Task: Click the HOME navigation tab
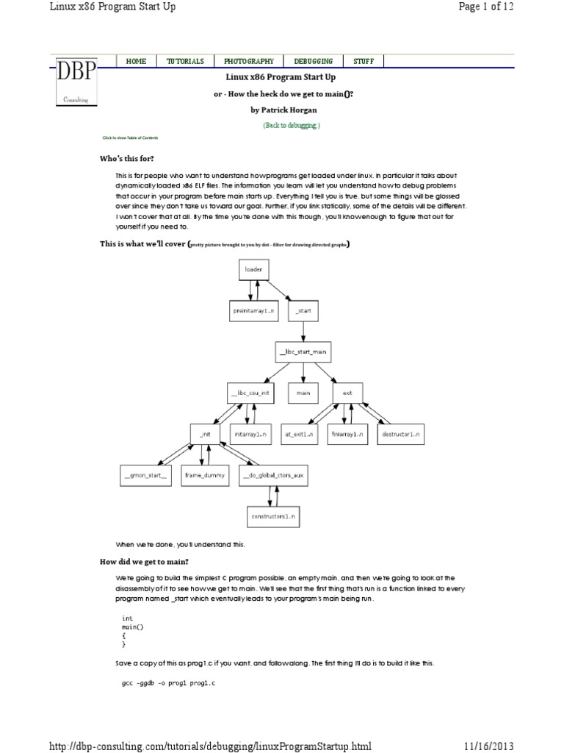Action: pyautogui.click(x=137, y=62)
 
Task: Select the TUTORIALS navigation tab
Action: pyautogui.click(x=185, y=62)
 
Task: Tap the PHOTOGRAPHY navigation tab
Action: pyautogui.click(x=249, y=62)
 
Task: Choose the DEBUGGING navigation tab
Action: pyautogui.click(x=313, y=62)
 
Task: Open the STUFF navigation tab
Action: pyautogui.click(x=364, y=62)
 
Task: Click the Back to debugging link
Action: pyautogui.click(x=292, y=126)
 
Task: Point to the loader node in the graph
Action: pyautogui.click(x=253, y=269)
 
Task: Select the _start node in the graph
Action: pyautogui.click(x=303, y=310)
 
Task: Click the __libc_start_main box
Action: pyautogui.click(x=303, y=351)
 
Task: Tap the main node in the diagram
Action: pyautogui.click(x=303, y=393)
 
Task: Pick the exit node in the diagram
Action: pyautogui.click(x=347, y=393)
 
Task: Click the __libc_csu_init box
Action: pyautogui.click(x=250, y=393)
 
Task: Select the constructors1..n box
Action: pyautogui.click(x=272, y=517)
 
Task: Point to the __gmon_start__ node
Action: pyautogui.click(x=145, y=476)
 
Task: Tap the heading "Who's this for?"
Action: pyautogui.click(x=127, y=159)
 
